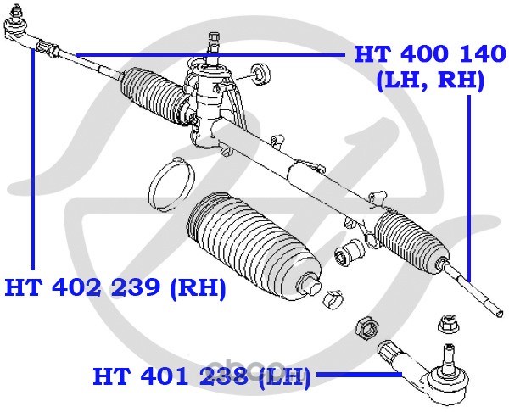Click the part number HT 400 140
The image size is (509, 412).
(430, 54)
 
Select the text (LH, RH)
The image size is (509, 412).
(430, 81)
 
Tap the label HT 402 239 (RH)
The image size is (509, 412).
(115, 287)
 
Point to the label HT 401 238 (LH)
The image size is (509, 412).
(202, 376)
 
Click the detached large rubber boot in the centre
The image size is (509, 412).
(253, 245)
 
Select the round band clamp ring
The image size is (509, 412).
(171, 184)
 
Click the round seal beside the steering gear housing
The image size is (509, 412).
(260, 75)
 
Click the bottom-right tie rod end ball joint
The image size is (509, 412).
(432, 373)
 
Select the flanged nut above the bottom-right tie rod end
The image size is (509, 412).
(448, 324)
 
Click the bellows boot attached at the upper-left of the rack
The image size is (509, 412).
(154, 94)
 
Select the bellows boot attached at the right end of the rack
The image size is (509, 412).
(412, 242)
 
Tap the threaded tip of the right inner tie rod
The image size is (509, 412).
(498, 312)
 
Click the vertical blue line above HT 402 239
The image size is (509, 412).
(33, 159)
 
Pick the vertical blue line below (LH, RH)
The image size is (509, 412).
(469, 189)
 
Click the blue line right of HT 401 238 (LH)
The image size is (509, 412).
(360, 375)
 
